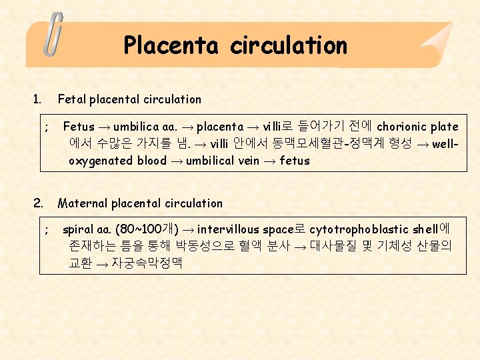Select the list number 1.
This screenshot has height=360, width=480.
(36, 99)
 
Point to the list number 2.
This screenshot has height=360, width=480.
(38, 203)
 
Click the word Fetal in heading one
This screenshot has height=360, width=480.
(72, 99)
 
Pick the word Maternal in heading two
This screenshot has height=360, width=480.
(83, 203)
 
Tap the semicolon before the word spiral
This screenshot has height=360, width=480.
(45, 229)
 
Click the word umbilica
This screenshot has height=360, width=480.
(136, 127)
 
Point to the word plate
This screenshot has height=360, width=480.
(445, 127)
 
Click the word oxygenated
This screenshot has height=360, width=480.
(101, 161)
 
